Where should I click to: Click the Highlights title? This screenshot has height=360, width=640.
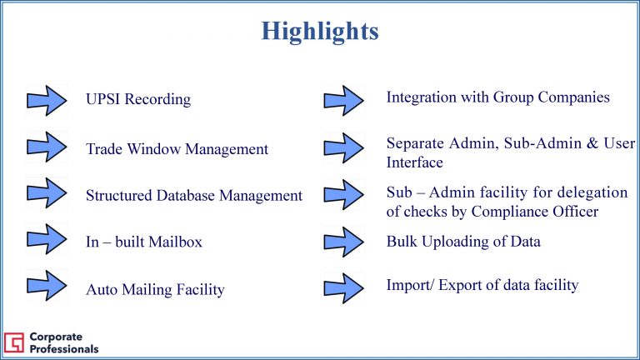(320, 32)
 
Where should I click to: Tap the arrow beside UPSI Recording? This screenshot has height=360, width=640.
(47, 100)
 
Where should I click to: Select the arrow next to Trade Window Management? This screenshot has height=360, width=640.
(47, 147)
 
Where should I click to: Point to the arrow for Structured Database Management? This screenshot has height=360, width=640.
(47, 192)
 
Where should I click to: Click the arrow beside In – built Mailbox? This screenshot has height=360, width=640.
(47, 239)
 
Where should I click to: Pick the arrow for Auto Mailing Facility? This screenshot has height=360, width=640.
(47, 285)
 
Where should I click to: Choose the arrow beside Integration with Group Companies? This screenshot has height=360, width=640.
(343, 100)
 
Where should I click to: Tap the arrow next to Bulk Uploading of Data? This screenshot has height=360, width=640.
(343, 242)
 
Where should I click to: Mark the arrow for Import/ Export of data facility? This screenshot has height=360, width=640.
(343, 288)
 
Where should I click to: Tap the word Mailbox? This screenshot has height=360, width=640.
(175, 242)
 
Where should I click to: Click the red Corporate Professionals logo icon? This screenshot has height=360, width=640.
(14, 342)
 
